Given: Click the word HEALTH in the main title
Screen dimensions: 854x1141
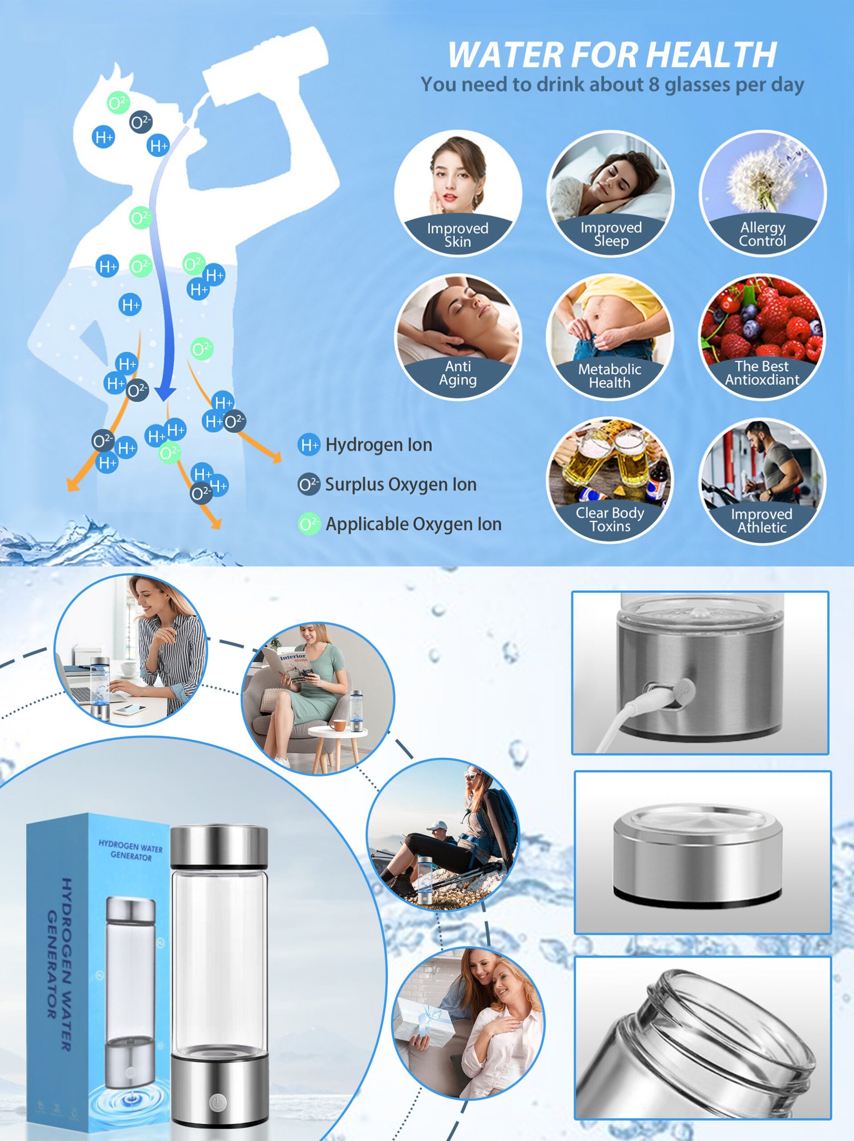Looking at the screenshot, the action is pos(712,54).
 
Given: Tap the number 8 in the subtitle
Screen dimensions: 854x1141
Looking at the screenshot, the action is pos(654,84).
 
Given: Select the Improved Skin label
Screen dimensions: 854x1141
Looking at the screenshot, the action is pos(457,235).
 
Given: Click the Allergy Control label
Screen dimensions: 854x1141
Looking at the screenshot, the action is pos(762,234).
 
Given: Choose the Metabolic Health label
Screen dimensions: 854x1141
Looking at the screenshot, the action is pos(610,376).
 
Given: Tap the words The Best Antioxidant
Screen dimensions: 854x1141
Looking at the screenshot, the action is pos(762,373).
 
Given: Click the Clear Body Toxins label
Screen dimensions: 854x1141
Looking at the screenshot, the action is pos(610,519).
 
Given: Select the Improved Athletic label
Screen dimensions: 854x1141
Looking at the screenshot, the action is pos(762,520).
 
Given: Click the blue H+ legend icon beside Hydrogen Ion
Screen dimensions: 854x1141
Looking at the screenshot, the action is pos(309,445).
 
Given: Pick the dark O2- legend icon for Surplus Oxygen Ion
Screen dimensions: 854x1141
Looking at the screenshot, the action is pos(309,485).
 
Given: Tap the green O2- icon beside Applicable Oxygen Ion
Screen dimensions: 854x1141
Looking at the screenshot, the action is pos(309,524).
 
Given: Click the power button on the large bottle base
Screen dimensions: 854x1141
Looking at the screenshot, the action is pos(218,1101).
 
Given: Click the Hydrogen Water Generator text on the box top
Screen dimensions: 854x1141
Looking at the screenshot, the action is pos(131,851).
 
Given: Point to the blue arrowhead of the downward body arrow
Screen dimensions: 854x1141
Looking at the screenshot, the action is pos(165,393).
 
